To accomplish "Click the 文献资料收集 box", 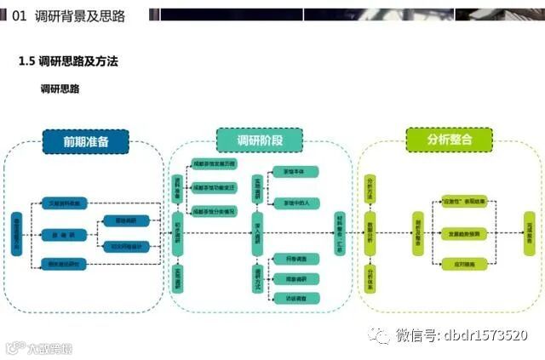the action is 65,203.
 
